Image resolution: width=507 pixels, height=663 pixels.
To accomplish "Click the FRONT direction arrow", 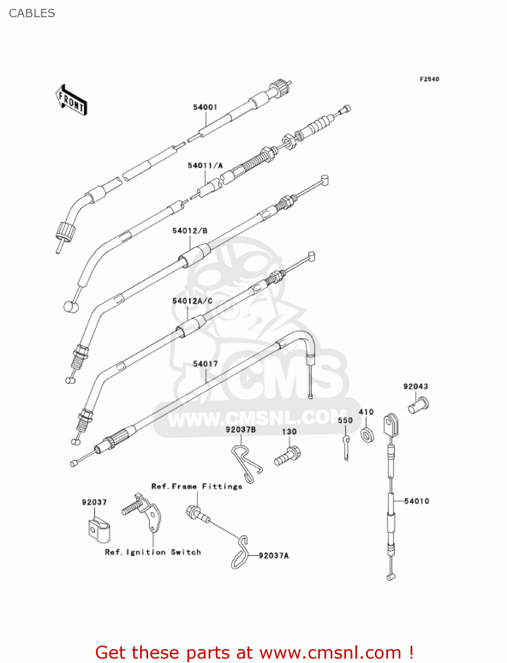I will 71,100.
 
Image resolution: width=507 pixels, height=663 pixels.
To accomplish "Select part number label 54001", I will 205,107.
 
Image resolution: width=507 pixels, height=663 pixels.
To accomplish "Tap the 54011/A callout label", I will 205,166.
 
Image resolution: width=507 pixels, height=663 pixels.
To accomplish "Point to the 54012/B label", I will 190,231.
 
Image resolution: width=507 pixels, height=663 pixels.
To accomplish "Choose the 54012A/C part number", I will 192,301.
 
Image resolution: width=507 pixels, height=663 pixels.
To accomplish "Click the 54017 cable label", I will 205,364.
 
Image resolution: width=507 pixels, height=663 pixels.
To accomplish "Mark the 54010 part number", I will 416,501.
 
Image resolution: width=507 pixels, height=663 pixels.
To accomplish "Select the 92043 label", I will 416,386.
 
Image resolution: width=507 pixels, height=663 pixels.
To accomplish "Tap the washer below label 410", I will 367,435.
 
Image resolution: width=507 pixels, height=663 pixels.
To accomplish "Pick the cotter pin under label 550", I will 347,447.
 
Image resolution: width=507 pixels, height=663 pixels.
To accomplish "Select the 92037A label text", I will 274,556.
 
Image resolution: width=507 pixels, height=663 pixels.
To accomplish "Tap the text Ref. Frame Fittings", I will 197,486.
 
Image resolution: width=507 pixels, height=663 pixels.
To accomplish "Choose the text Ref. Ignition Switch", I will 152,552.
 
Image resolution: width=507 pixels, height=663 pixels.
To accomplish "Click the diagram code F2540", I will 429,79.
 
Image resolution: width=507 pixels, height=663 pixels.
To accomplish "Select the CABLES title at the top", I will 32,13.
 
